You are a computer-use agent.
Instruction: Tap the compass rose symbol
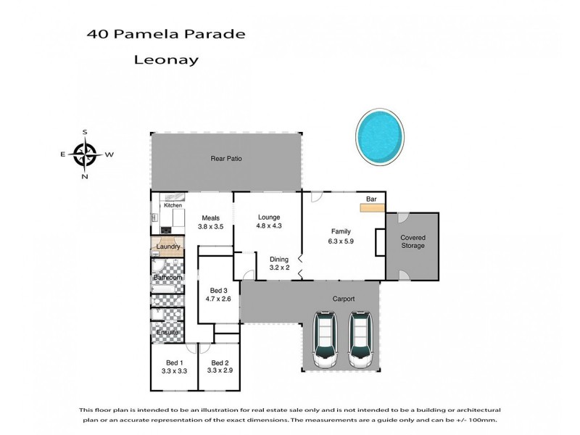click(86, 154)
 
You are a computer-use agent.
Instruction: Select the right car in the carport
click(360, 340)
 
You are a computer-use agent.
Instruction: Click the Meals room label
click(210, 217)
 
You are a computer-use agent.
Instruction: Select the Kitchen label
click(173, 206)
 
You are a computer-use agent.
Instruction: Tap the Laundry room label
click(167, 247)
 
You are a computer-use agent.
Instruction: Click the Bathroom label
click(167, 278)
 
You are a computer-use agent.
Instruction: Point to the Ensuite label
click(166, 332)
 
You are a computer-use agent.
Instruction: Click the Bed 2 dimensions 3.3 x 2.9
click(219, 370)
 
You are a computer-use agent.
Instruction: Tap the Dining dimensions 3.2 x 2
click(278, 268)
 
